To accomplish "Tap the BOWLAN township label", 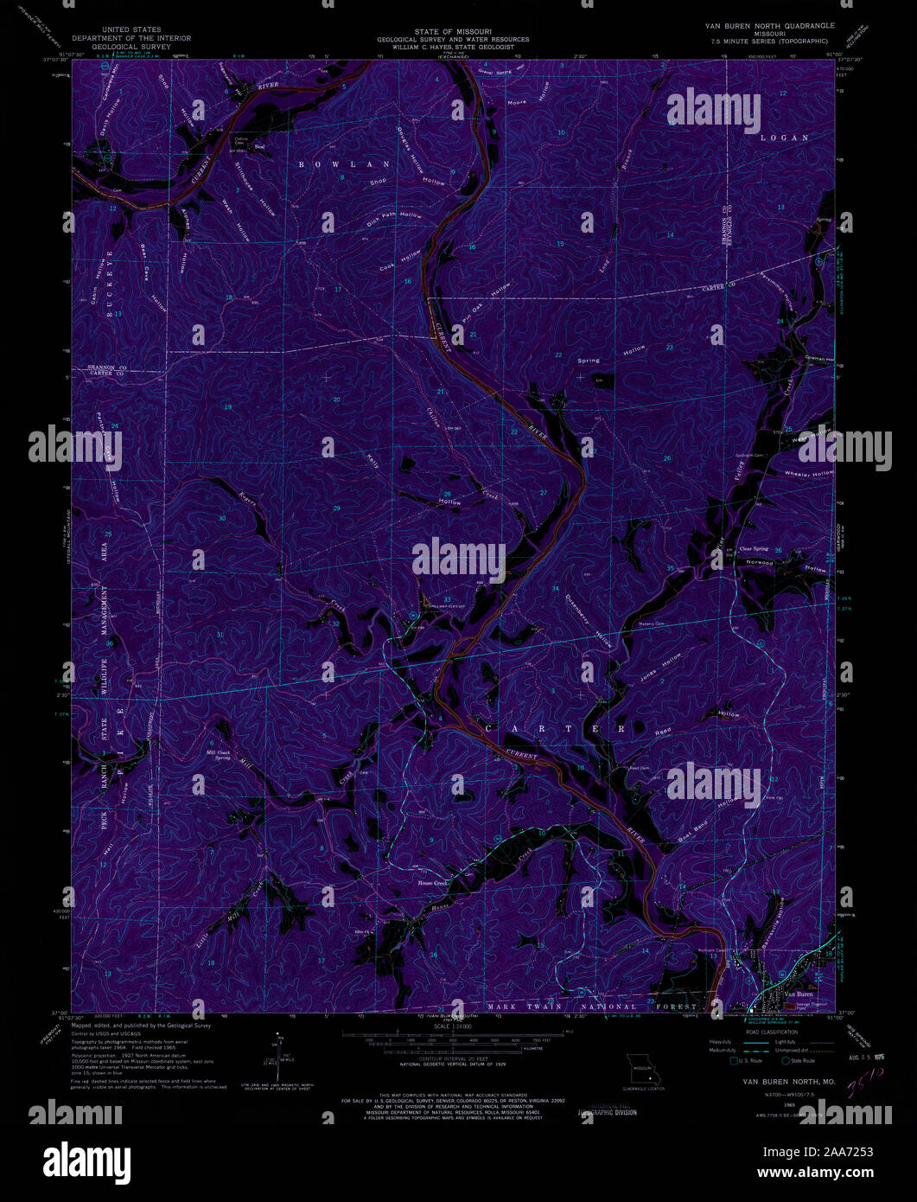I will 344,163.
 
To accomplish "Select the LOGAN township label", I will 785,137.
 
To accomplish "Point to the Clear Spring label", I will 754,548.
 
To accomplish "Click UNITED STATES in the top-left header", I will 131,29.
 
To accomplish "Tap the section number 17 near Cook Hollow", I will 338,289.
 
